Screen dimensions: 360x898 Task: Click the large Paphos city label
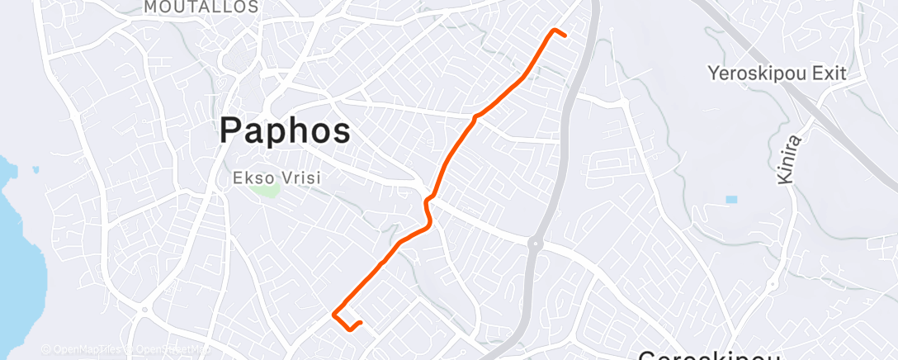286,131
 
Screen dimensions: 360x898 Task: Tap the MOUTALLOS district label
201,7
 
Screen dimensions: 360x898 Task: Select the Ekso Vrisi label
276,178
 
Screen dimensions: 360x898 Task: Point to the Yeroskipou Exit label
777,73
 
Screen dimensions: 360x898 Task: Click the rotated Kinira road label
787,162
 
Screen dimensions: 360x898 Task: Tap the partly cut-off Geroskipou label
709,355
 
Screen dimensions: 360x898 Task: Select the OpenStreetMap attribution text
169,350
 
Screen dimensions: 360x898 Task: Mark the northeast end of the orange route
566,35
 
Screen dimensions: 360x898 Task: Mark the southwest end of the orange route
361,322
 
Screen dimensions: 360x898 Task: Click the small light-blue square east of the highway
731,200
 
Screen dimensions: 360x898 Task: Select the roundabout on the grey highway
535,243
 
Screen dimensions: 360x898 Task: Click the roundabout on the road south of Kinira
773,286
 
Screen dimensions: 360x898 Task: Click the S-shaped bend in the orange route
428,211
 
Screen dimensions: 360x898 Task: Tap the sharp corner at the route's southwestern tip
333,314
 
